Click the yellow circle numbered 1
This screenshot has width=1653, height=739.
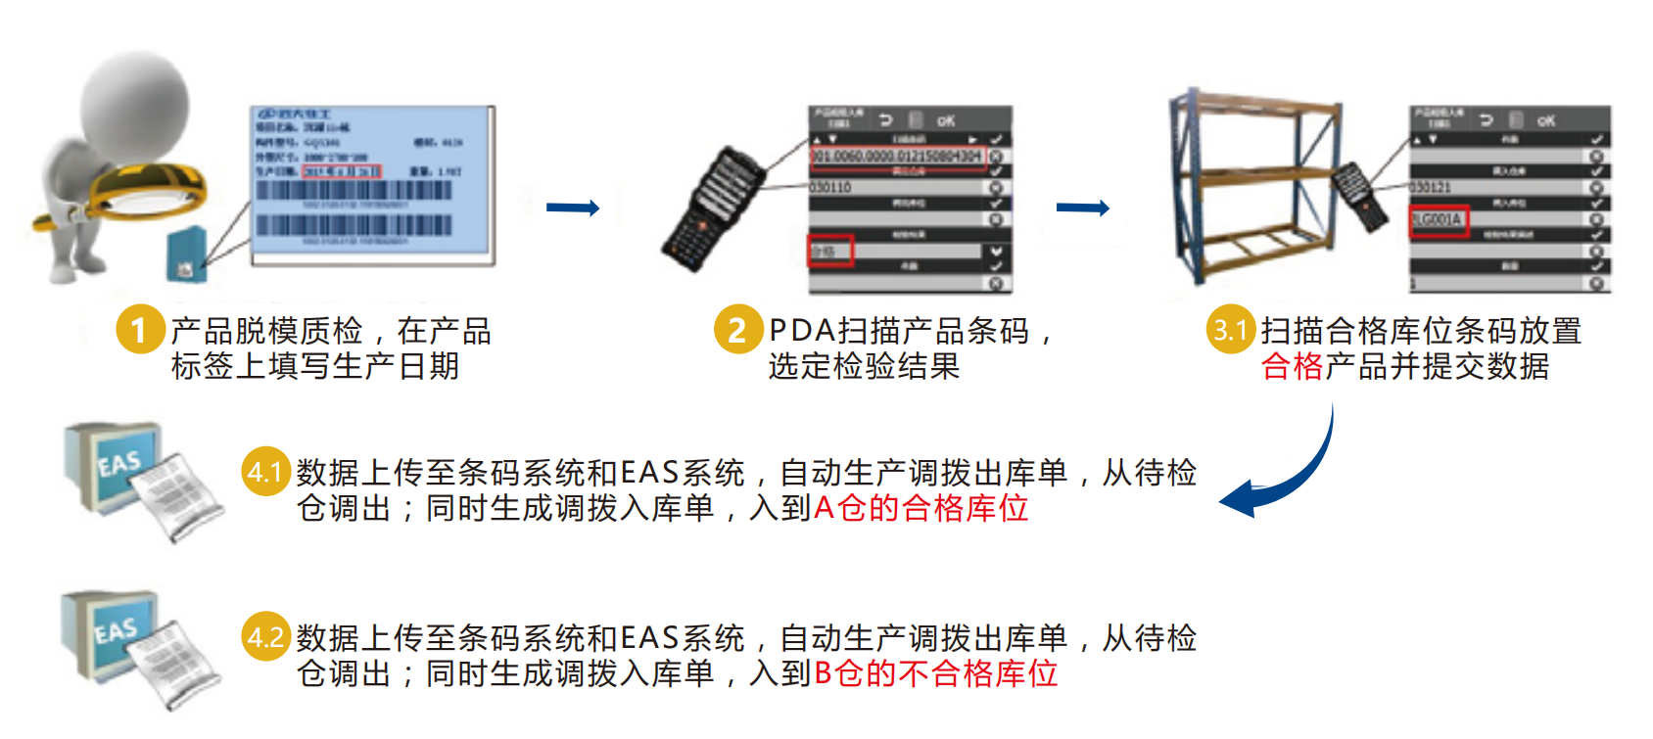pos(140,330)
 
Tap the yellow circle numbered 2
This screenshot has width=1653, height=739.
pos(737,330)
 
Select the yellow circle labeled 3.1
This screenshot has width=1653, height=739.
pos(1230,330)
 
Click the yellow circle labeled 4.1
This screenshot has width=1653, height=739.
pos(265,473)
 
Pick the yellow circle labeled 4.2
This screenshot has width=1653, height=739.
pos(265,638)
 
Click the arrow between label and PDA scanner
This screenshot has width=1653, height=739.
pos(573,208)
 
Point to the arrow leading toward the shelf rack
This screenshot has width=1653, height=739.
pos(1083,208)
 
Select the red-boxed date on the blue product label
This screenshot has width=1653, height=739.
pos(341,171)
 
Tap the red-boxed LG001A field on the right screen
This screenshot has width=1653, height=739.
pos(1439,220)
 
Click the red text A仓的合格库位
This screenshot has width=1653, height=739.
pos(921,509)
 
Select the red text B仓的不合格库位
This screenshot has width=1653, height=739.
pos(935,674)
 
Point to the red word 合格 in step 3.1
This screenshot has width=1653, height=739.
pos(1292,367)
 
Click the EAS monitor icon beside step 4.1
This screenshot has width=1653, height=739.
pos(113,469)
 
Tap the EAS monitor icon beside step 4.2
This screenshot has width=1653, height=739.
pos(110,636)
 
